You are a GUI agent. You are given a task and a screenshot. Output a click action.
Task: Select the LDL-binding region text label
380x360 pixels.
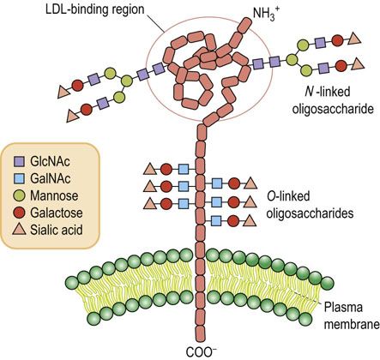coord(95,9)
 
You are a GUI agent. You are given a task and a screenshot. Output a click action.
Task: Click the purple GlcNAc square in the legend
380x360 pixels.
coord(20,162)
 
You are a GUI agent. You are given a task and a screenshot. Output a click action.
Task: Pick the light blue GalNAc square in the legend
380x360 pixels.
coord(20,179)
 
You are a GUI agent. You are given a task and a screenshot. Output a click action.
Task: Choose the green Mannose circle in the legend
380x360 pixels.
coord(20,195)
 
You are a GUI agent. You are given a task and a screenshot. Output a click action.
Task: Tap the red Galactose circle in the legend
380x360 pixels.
coord(20,213)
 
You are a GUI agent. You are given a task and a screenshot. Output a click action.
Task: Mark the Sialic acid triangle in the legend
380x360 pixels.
coord(20,229)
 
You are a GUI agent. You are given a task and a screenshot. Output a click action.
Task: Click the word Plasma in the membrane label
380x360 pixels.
coord(343,308)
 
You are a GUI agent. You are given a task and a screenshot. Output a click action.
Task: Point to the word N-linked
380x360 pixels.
coord(326,93)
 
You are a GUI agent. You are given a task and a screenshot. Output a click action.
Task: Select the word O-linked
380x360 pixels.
coord(288,196)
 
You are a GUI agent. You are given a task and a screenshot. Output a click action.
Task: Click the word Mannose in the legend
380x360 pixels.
coord(54,196)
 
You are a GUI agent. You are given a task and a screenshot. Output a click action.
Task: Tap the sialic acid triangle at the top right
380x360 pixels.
coord(354,39)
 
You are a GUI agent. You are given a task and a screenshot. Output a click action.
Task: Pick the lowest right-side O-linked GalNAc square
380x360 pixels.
coord(217,221)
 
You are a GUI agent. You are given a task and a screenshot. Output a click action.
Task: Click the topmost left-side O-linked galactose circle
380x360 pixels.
coord(166,170)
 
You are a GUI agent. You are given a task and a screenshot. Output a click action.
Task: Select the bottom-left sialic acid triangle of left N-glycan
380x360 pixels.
coord(72,117)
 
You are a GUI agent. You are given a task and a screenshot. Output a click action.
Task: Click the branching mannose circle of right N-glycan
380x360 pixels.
coord(292,59)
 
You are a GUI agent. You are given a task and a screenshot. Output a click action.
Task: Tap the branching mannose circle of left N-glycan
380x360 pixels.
coord(126,81)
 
